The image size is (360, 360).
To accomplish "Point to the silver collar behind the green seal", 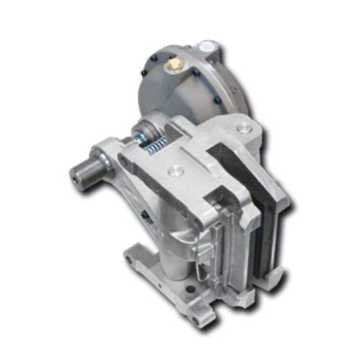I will click(135, 135).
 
